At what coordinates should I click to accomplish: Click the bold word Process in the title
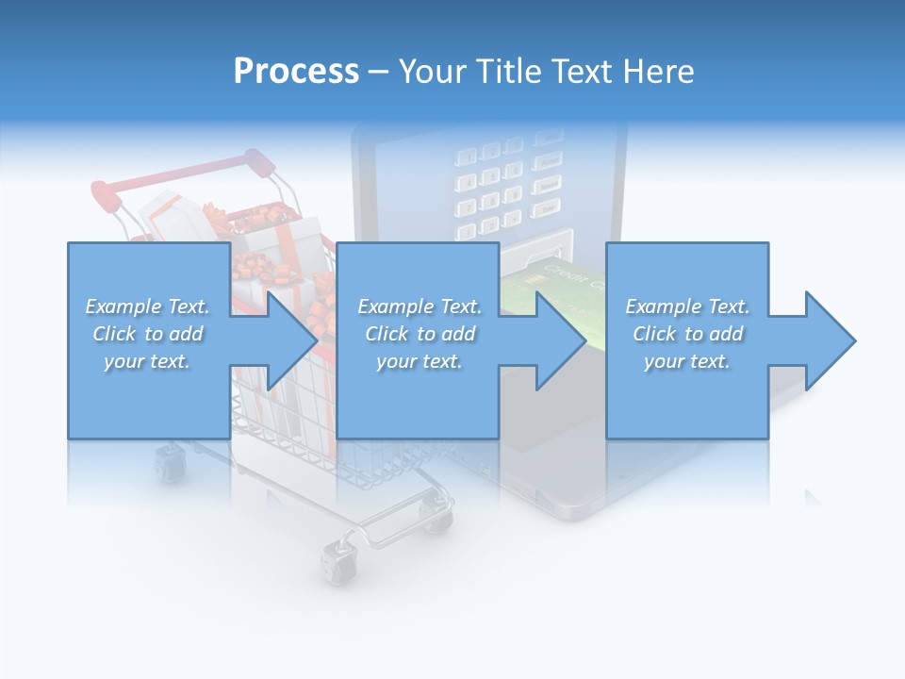296,72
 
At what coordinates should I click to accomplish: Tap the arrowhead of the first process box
291,340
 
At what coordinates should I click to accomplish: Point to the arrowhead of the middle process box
561,340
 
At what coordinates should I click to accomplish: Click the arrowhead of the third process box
830,340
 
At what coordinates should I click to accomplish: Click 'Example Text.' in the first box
147,306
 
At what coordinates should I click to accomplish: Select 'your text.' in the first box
147,361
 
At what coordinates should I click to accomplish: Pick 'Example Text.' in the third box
687,306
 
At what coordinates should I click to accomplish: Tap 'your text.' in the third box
687,361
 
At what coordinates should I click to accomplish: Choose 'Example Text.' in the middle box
420,306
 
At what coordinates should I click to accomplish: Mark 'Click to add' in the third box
687,334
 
